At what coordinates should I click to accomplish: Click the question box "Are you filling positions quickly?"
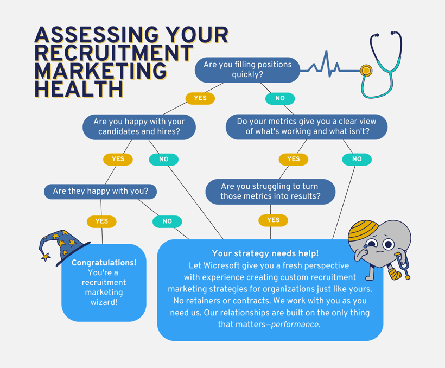pos(247,70)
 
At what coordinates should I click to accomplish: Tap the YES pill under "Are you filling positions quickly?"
pos(200,98)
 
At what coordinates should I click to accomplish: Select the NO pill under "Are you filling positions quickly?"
pos(280,99)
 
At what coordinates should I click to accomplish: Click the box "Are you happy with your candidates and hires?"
pos(139,127)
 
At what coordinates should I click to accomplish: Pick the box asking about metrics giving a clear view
pos(307,126)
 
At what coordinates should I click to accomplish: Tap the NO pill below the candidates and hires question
pos(164,159)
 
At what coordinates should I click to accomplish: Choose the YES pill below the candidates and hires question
pos(118,159)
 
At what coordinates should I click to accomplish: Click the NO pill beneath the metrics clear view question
pos(357,159)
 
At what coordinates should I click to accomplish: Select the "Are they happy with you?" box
pos(100,192)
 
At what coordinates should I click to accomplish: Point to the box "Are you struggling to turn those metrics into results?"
pos(270,192)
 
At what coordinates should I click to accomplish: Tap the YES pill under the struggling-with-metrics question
pos(274,220)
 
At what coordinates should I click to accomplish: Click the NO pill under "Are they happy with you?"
pos(167,221)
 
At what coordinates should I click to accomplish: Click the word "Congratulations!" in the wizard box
pos(104,263)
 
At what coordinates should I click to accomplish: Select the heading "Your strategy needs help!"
pos(265,253)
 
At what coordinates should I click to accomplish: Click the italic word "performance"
pos(295,325)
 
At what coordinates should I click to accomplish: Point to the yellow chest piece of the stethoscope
pos(366,71)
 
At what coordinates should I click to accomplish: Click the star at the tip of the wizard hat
pos(46,257)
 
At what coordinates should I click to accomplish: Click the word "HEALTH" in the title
pos(79,89)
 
